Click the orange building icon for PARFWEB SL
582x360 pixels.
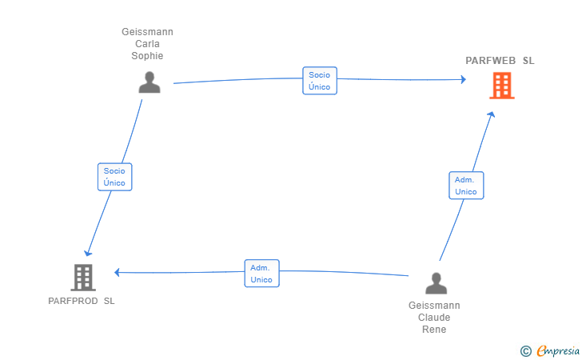(501, 85)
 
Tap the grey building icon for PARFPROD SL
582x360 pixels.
(82, 277)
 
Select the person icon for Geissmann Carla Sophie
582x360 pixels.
(149, 82)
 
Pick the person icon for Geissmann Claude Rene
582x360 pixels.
(436, 283)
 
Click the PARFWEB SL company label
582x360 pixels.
(500, 61)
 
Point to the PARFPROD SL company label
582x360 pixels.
(82, 302)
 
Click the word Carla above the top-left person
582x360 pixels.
(147, 44)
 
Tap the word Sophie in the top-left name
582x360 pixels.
(147, 56)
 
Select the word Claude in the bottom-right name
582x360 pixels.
(434, 318)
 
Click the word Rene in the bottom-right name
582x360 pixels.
(434, 330)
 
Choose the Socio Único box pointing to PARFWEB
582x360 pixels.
(320, 81)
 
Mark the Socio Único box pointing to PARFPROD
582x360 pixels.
(114, 177)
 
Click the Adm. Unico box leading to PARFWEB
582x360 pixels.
(465, 186)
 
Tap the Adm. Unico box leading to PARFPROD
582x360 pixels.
(261, 274)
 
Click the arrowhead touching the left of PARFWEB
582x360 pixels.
(462, 79)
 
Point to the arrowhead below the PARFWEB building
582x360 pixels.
(492, 115)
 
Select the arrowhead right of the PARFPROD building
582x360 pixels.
(118, 272)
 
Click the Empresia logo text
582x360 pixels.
(558, 350)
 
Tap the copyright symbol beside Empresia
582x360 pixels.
(525, 350)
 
